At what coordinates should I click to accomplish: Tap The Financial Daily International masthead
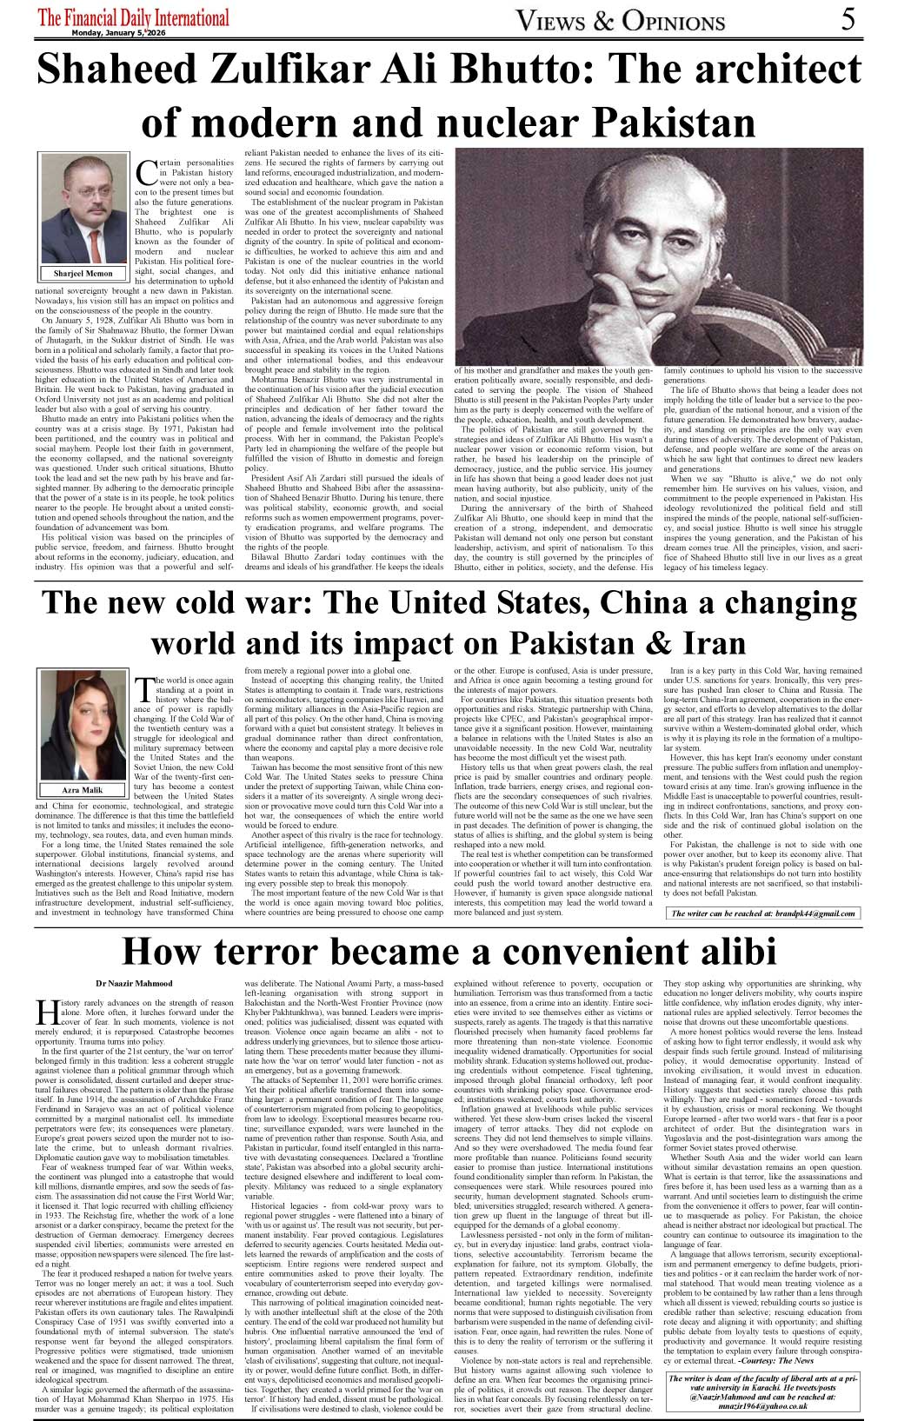pos(135,17)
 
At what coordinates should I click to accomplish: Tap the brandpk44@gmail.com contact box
pos(763,913)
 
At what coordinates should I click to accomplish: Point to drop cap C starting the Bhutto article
pos(147,170)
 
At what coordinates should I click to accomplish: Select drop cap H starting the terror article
pos(46,1011)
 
